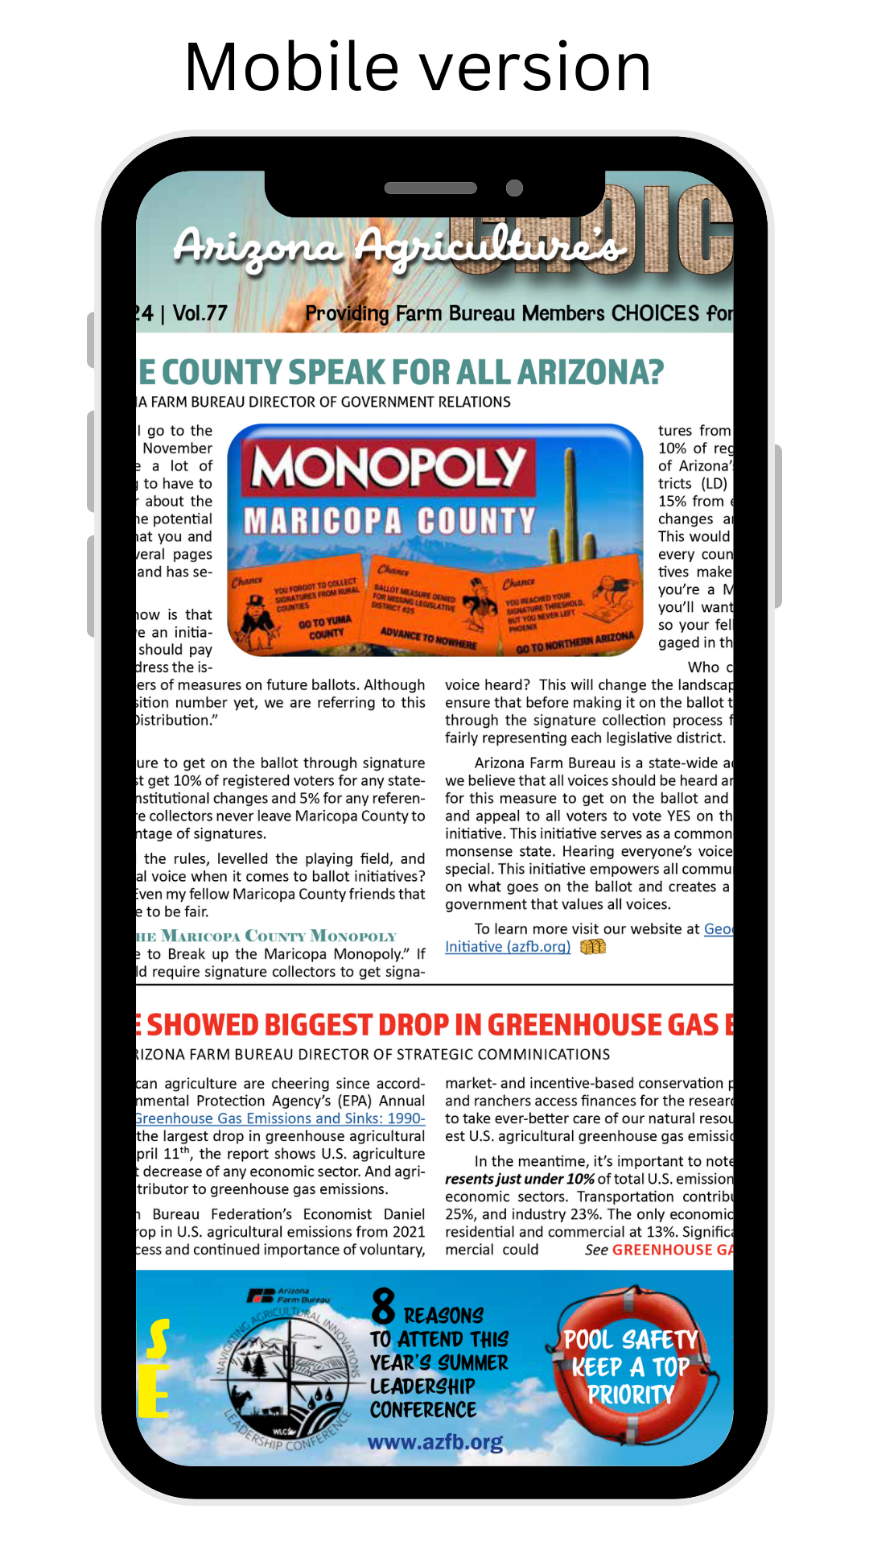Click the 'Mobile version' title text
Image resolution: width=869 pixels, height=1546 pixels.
coord(418,68)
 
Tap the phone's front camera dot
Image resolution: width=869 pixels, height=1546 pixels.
coord(514,188)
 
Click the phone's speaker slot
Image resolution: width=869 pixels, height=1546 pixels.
coord(430,188)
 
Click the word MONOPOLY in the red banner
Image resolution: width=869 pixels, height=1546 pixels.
coord(389,468)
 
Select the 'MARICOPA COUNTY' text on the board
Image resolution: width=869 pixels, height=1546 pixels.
coord(389,521)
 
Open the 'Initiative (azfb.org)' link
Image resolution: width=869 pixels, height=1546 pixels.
coord(508,947)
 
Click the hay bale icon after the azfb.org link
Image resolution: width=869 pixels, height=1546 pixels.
coord(593,947)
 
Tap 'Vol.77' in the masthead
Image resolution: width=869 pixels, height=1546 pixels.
coord(200,313)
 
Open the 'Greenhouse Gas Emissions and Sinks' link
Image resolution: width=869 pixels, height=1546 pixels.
coord(280,1118)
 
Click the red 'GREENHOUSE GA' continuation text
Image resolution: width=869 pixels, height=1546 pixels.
coord(672,1250)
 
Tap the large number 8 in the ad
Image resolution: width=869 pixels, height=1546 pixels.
coord(384,1306)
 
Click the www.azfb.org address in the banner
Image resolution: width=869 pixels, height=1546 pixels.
coord(435,1441)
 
